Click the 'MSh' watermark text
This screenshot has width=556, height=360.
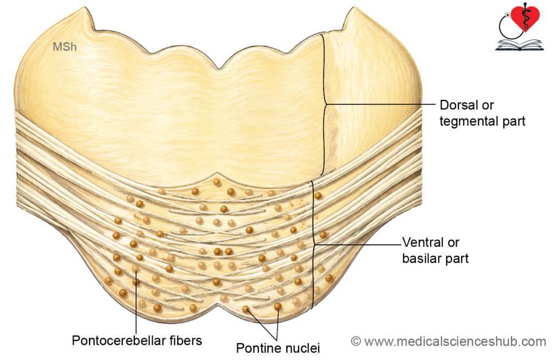[x=65, y=47]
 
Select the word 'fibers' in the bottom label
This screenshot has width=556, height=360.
[x=186, y=340]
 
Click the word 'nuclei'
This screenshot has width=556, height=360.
[x=301, y=348]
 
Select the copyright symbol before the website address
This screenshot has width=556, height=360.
[x=356, y=342]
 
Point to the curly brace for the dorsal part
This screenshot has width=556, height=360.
[x=324, y=104]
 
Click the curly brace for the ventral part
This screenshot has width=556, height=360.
[x=313, y=245]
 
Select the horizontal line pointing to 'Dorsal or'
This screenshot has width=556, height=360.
[x=381, y=104]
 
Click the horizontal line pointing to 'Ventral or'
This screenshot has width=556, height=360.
[x=358, y=245]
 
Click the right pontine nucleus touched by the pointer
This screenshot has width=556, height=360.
[x=278, y=306]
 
